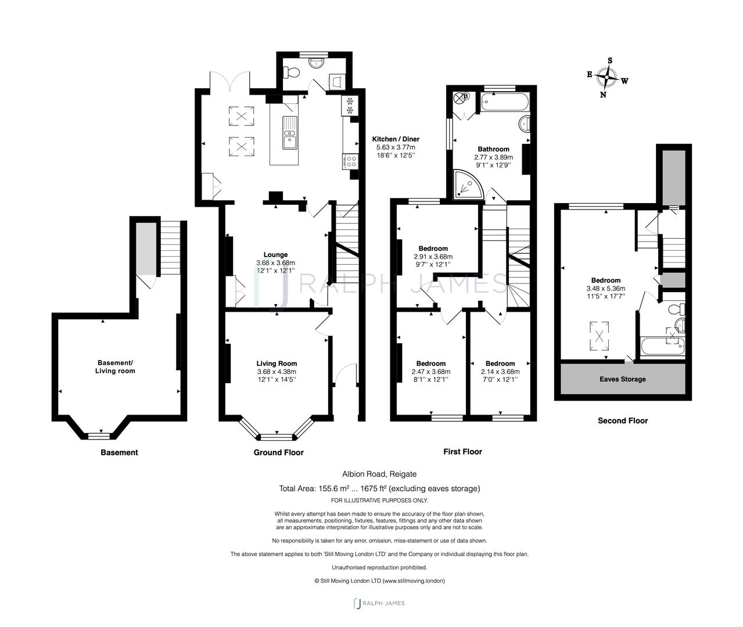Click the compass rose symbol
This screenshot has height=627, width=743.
tap(607, 77)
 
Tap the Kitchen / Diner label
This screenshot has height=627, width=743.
tap(396, 139)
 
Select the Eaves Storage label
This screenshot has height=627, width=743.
tap(622, 379)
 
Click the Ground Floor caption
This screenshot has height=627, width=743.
tap(278, 452)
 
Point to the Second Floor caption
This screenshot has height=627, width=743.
tap(622, 420)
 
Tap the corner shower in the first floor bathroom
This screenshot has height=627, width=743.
tap(467, 184)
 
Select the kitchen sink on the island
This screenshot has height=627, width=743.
tap(289, 132)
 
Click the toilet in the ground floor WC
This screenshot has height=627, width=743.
tap(292, 73)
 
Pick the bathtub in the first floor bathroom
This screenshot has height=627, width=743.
tap(503, 103)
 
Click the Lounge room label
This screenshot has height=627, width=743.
tap(275, 254)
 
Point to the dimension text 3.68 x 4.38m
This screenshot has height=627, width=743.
tap(277, 372)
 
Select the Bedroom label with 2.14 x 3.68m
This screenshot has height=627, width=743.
tap(500, 363)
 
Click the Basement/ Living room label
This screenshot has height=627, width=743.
tap(116, 367)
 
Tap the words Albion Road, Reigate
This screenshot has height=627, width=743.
tap(379, 474)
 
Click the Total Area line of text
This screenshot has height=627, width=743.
tap(379, 489)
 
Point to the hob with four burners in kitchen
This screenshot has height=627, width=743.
tap(350, 161)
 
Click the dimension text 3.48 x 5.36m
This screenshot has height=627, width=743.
tap(606, 289)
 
